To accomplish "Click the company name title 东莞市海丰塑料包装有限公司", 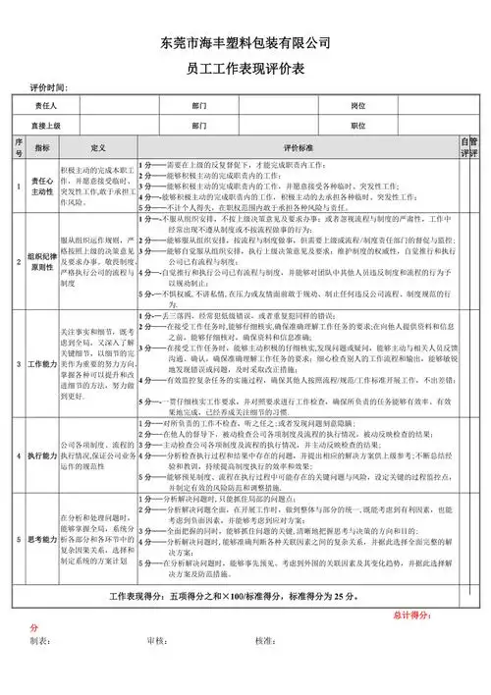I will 245,43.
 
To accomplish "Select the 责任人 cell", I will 45,105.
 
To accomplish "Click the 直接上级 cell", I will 45,126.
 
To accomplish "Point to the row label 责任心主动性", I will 42,186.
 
